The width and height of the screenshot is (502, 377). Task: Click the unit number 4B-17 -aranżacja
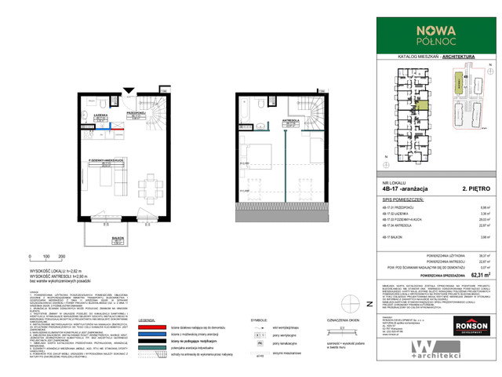tap(405, 189)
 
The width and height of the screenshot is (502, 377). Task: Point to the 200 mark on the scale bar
tap(60, 257)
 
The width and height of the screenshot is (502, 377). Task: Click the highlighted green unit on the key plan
tap(421, 99)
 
